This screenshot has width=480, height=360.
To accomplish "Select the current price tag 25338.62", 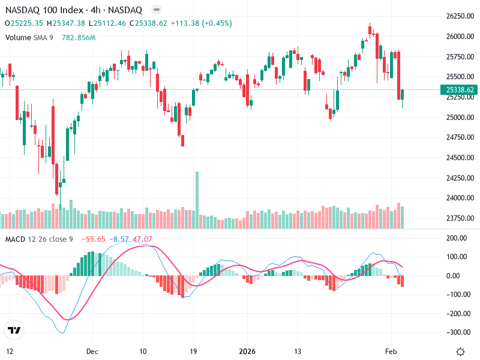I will tap(460, 89).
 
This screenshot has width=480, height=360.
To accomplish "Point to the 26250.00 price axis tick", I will tap(460, 16).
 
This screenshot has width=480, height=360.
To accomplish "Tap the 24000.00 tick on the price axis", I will tap(460, 198).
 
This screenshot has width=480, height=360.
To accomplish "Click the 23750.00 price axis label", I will tap(460, 218).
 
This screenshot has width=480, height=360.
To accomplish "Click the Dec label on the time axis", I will tap(92, 351).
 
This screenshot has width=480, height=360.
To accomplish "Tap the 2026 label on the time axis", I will tap(247, 351).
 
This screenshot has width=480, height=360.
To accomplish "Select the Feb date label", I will tap(391, 351).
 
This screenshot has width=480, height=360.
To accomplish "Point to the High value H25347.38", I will tap(68, 23).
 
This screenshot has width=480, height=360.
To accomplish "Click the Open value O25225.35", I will tap(24, 23).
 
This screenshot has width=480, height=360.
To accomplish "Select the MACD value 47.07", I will tap(142, 239).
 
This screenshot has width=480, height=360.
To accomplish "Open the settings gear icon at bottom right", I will tap(460, 352).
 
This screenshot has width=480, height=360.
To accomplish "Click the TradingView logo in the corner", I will tap(14, 330).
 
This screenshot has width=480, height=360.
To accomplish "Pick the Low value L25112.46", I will tap(107, 23).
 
